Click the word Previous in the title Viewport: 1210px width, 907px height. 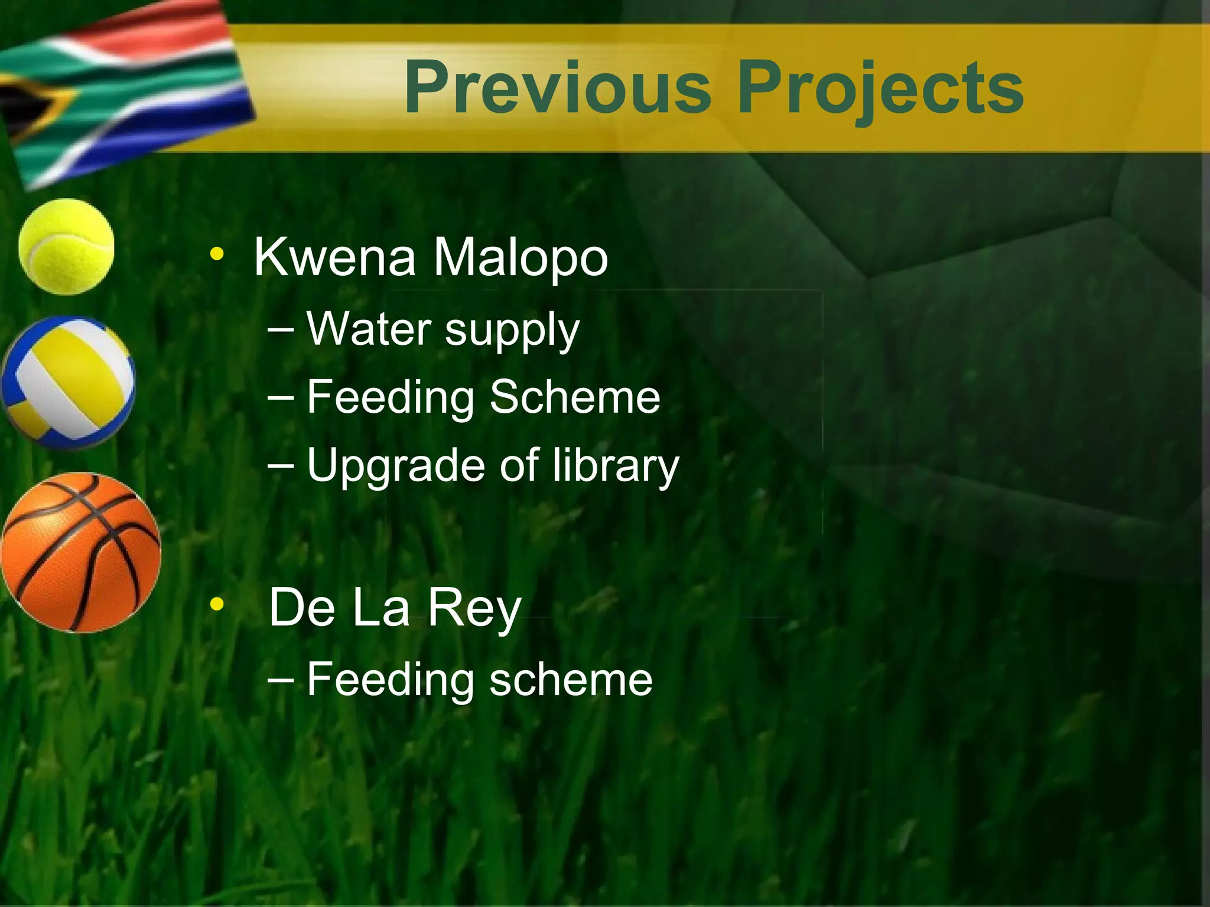pyautogui.click(x=557, y=89)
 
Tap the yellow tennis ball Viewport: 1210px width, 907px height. pyautogui.click(x=66, y=246)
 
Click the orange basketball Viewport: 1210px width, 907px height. pyautogui.click(x=81, y=553)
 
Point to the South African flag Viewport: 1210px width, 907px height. pyautogui.click(x=124, y=89)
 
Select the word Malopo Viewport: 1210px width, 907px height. pyautogui.click(x=520, y=259)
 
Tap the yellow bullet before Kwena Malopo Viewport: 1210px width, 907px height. pyautogui.click(x=217, y=255)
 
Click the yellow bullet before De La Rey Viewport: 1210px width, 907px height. pyautogui.click(x=217, y=603)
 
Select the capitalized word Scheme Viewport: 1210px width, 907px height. pyautogui.click(x=574, y=397)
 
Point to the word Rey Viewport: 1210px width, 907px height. pyautogui.click(x=474, y=608)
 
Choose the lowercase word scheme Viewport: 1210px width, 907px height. pyautogui.click(x=570, y=679)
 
